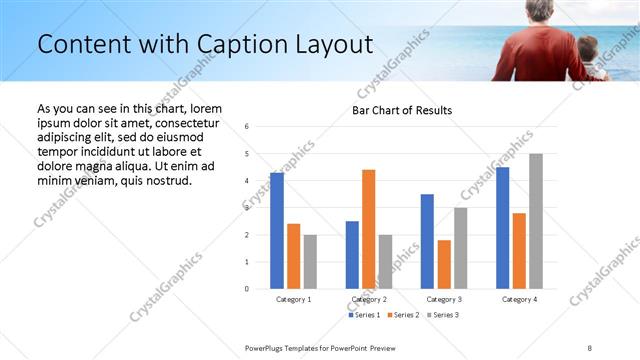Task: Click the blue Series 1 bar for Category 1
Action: point(277,231)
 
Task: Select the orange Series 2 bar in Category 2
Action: point(368,229)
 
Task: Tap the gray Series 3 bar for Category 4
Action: point(536,221)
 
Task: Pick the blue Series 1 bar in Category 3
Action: point(427,241)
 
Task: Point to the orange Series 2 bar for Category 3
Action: point(444,264)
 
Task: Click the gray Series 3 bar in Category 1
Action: point(310,262)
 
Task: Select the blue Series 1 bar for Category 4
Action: point(502,228)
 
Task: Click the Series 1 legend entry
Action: point(364,315)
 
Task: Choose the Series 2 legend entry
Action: point(403,315)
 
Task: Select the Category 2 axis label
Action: point(368,299)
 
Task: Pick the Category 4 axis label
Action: point(519,299)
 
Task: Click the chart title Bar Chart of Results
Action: point(402,110)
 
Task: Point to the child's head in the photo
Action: point(588,48)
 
